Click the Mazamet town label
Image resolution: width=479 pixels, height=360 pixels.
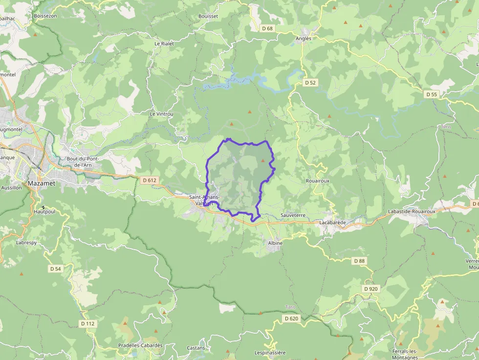42,183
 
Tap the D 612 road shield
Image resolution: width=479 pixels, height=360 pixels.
150,180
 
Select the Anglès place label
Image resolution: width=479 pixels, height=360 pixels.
303,38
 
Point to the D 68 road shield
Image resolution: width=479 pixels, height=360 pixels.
267,28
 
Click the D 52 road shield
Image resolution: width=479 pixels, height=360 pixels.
310,83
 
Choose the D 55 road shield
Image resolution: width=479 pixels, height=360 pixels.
431,94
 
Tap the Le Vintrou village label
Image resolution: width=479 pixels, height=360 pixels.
161,114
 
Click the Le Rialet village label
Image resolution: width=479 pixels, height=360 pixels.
164,43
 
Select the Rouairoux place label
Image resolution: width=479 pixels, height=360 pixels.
317,180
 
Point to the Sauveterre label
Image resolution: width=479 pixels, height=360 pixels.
293,215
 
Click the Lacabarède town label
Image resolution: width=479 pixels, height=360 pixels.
332,222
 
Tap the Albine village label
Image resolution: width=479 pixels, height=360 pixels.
275,243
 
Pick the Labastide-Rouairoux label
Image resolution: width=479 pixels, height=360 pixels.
411,212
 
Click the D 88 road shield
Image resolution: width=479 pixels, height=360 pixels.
359,261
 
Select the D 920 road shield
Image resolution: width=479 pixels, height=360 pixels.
371,289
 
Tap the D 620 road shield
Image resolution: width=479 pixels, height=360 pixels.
291,318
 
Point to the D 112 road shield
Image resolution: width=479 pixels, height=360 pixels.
88,323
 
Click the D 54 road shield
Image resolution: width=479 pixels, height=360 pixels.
55,269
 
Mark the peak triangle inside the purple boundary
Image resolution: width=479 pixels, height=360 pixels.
263,160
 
